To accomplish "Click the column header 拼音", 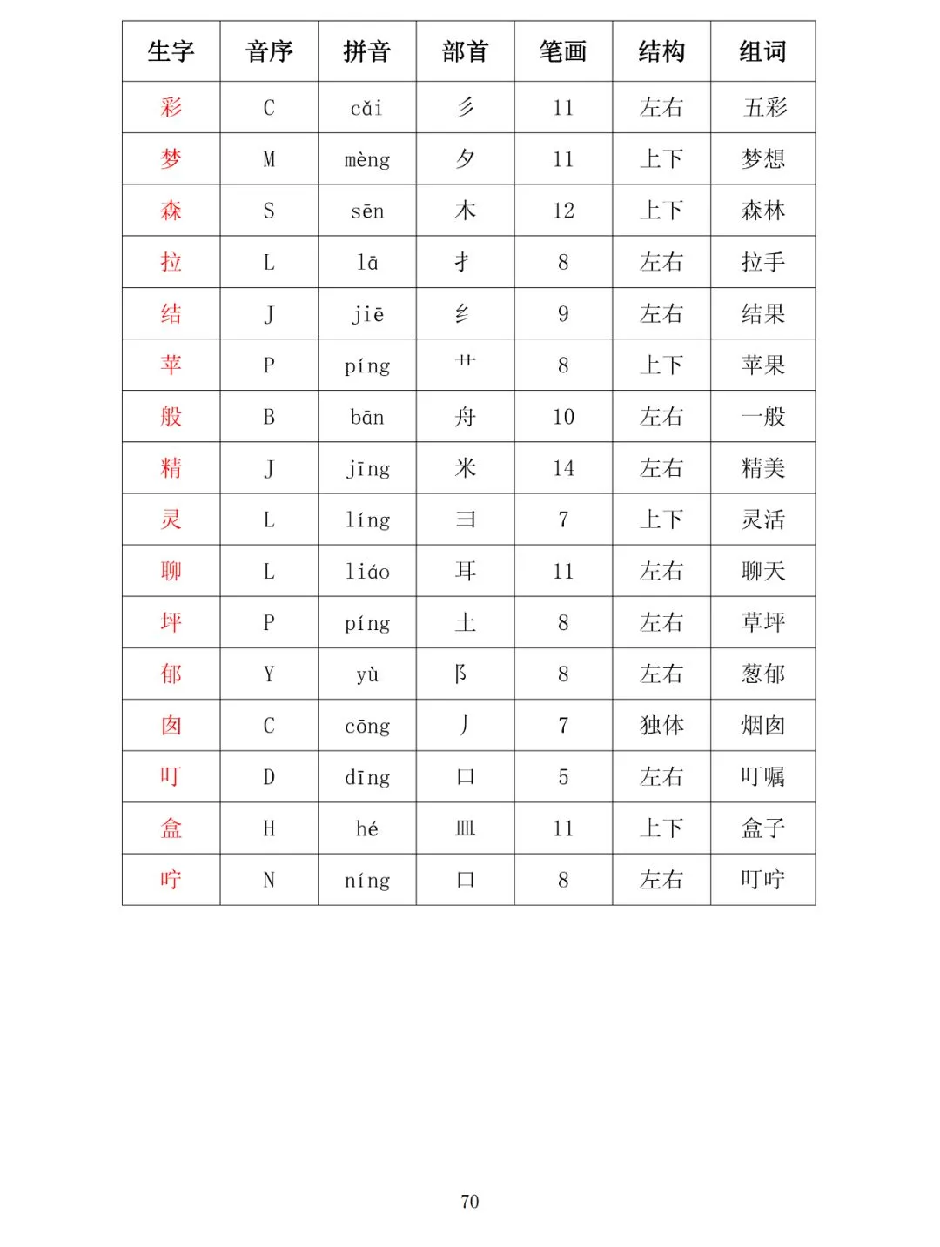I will [366, 52].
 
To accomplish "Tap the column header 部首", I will [465, 52].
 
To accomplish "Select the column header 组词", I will [762, 52].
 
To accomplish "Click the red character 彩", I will [171, 108].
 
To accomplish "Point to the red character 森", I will [171, 211].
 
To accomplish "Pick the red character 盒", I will [171, 828].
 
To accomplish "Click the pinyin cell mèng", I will [366, 160].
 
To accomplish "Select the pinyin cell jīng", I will [366, 469].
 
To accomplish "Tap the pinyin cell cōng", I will [366, 727].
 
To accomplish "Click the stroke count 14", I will [563, 469].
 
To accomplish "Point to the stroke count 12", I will [563, 211].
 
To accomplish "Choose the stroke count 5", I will [563, 777].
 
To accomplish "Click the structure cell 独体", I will [661, 726].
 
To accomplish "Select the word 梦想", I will [762, 159].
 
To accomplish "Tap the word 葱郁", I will [762, 674].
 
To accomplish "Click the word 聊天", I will [762, 572].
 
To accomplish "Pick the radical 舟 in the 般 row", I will [465, 418].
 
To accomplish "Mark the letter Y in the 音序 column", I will [269, 674].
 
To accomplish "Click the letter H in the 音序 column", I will [269, 828].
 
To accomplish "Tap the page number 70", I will [469, 1202].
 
